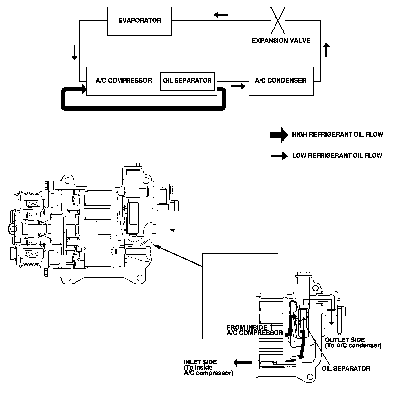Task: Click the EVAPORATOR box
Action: point(139,21)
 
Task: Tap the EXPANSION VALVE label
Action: point(281,41)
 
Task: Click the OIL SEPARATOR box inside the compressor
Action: point(187,81)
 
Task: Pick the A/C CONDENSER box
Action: point(281,81)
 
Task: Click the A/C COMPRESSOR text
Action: point(124,81)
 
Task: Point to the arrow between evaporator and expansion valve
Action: point(221,15)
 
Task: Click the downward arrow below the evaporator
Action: point(74,52)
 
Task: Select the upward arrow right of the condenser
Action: point(327,50)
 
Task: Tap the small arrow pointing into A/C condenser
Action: point(238,86)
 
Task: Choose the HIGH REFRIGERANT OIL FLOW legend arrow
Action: point(279,135)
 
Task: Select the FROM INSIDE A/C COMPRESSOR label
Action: point(255,330)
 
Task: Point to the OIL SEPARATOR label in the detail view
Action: point(346,368)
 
